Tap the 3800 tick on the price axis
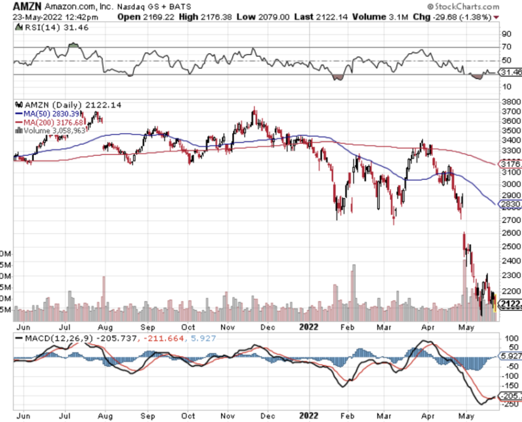(510, 102)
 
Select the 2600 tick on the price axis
(510, 233)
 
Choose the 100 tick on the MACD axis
(510, 339)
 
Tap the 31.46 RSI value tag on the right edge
(510, 72)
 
